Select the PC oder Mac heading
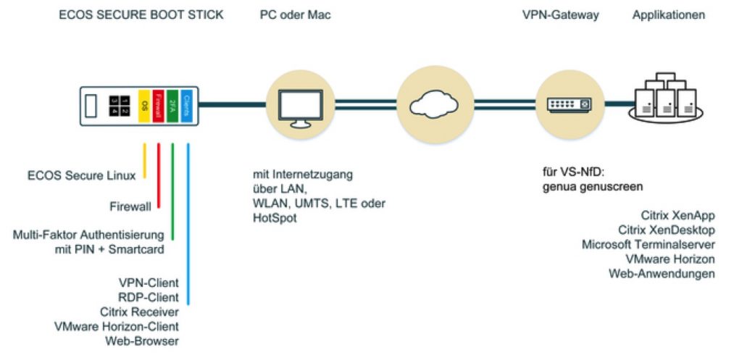coord(295,14)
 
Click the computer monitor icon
coord(296,104)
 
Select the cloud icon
coord(431,104)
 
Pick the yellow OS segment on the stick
coord(144,104)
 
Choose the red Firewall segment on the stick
coord(159,104)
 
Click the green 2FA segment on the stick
coord(172,104)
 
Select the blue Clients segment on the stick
coord(187,104)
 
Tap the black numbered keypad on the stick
coord(118,104)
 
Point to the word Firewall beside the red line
coord(131,206)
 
